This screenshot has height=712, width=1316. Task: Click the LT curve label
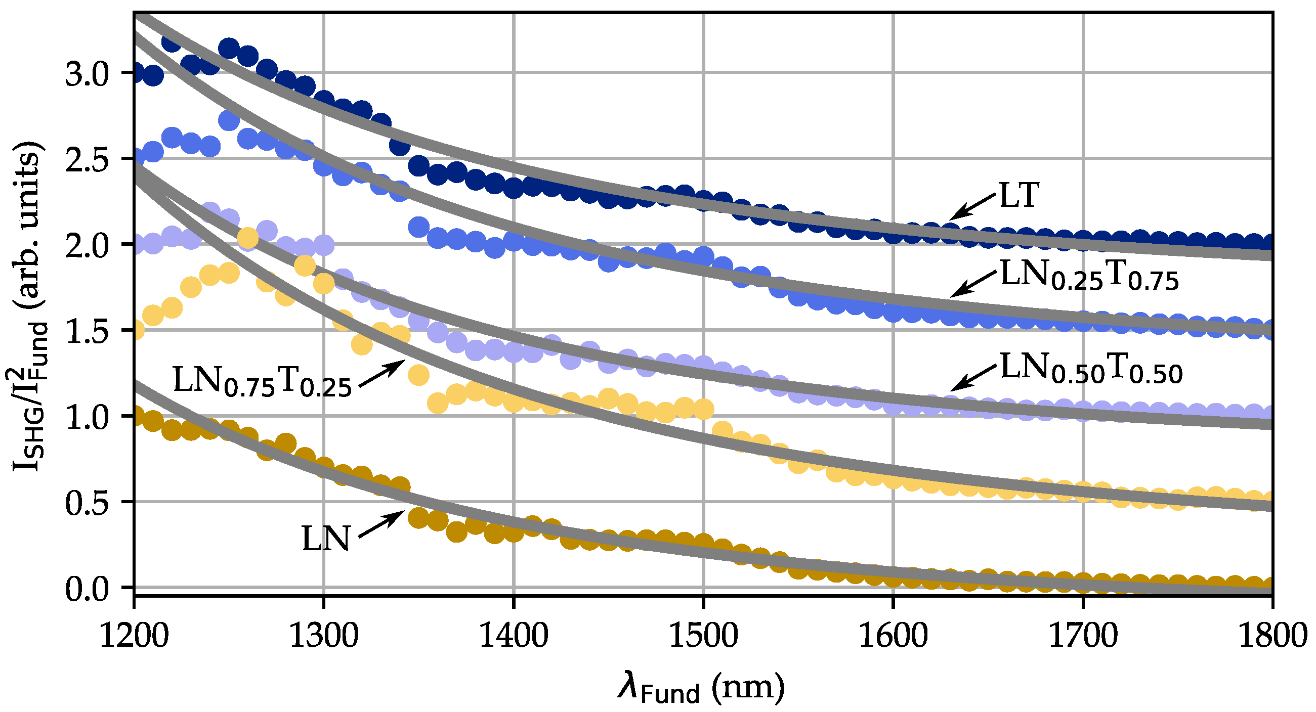[1018, 195]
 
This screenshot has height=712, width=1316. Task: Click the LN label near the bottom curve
[325, 540]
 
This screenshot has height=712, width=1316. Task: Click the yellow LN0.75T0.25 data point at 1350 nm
[418, 375]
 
